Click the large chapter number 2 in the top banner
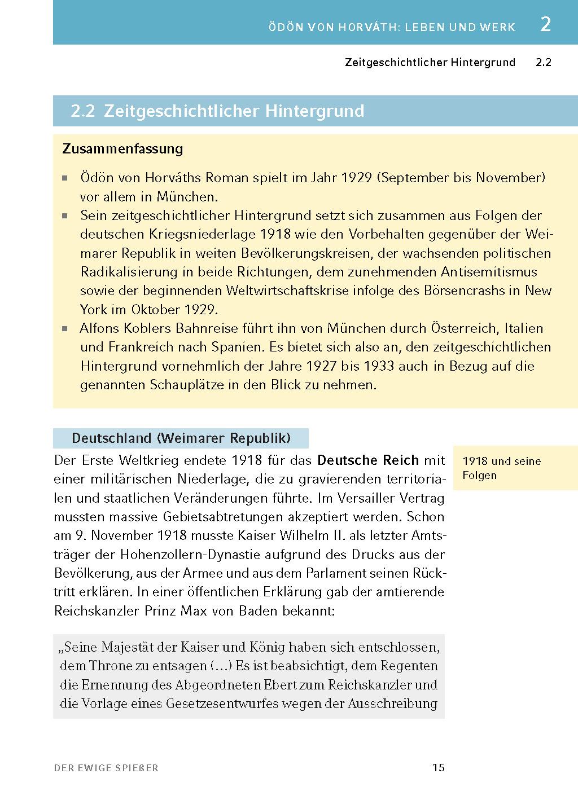tap(545, 25)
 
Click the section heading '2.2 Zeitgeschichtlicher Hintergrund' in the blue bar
tap(217, 111)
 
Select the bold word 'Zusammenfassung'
tap(122, 149)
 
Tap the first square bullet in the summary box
tap(65, 178)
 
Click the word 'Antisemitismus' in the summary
tap(489, 272)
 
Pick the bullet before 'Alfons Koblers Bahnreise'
tap(65, 328)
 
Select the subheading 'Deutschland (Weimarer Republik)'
tap(181, 438)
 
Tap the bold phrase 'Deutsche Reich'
tap(368, 460)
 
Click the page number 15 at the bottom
tap(439, 767)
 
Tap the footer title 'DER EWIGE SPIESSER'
tap(106, 768)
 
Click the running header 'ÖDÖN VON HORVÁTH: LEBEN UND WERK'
tap(392, 27)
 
